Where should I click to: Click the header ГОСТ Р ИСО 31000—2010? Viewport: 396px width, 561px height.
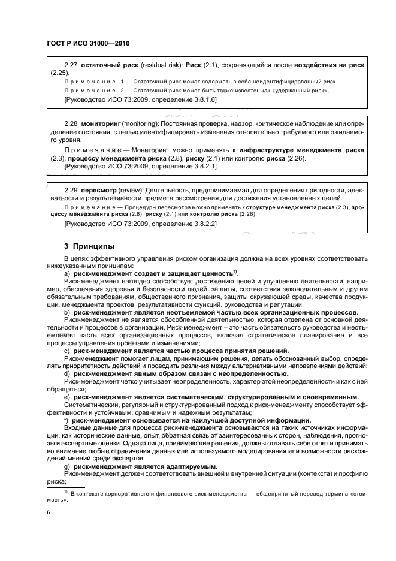tap(88, 44)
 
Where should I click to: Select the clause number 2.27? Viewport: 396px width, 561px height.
tap(71, 64)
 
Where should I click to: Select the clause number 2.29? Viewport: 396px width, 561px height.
tap(71, 189)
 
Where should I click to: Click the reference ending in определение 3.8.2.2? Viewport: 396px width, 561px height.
tap(140, 223)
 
